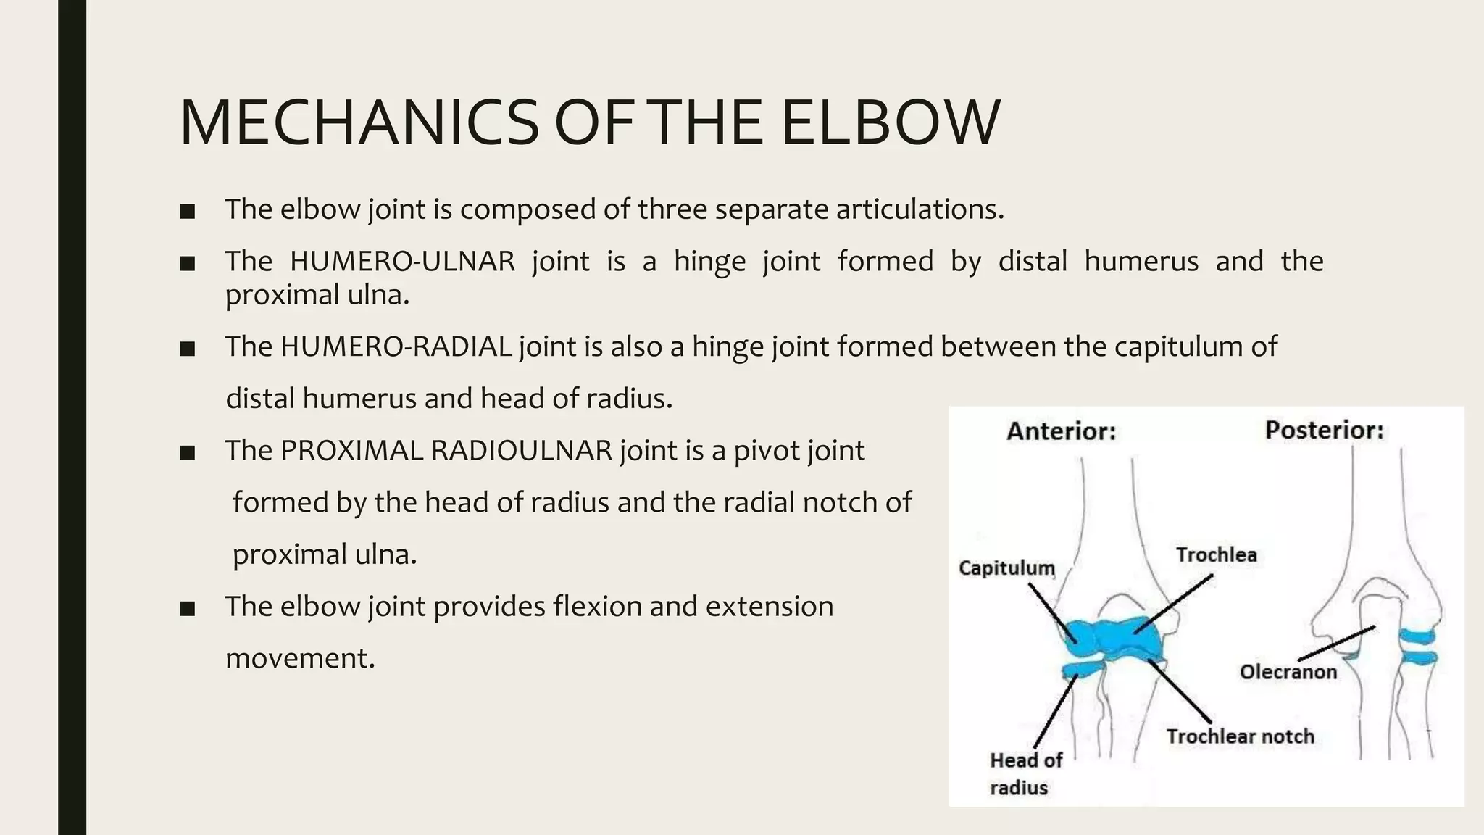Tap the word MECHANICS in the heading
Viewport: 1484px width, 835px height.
359,122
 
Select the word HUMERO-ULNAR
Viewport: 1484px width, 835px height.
402,261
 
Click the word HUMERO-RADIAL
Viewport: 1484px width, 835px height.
396,346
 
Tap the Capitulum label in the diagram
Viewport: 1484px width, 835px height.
1006,568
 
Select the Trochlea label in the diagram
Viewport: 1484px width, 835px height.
1216,555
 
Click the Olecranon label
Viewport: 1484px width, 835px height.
1288,672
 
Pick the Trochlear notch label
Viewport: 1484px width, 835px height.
1240,736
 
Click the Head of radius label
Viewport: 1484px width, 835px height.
1025,773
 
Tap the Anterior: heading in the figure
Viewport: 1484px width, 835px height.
1061,432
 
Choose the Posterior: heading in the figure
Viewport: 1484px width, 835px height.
1324,431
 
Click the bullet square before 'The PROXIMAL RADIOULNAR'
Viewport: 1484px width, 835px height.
188,454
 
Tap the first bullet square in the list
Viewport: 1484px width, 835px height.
188,212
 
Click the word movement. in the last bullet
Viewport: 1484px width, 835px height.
300,658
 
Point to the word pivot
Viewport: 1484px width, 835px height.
761,451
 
